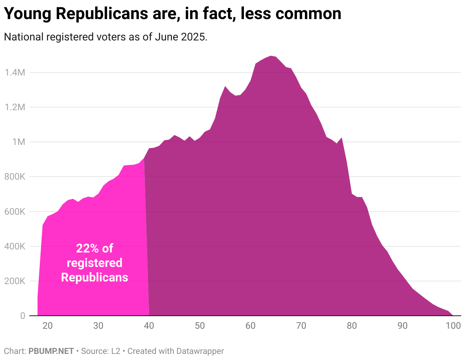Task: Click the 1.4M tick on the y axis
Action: [15, 72]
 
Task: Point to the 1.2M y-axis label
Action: [15, 107]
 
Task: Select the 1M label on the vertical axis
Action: [19, 142]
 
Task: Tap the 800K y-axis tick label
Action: [15, 177]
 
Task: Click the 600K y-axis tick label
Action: [15, 212]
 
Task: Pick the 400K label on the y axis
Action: [15, 246]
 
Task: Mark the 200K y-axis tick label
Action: [15, 281]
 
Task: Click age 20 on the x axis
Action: [48, 326]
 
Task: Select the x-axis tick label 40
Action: [149, 326]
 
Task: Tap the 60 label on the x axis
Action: [250, 326]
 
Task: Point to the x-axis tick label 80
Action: [352, 326]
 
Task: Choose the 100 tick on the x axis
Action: [453, 326]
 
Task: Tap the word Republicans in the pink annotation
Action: [95, 277]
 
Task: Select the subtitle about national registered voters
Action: [105, 37]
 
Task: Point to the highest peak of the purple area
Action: [271, 56]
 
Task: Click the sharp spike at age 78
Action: [342, 138]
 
